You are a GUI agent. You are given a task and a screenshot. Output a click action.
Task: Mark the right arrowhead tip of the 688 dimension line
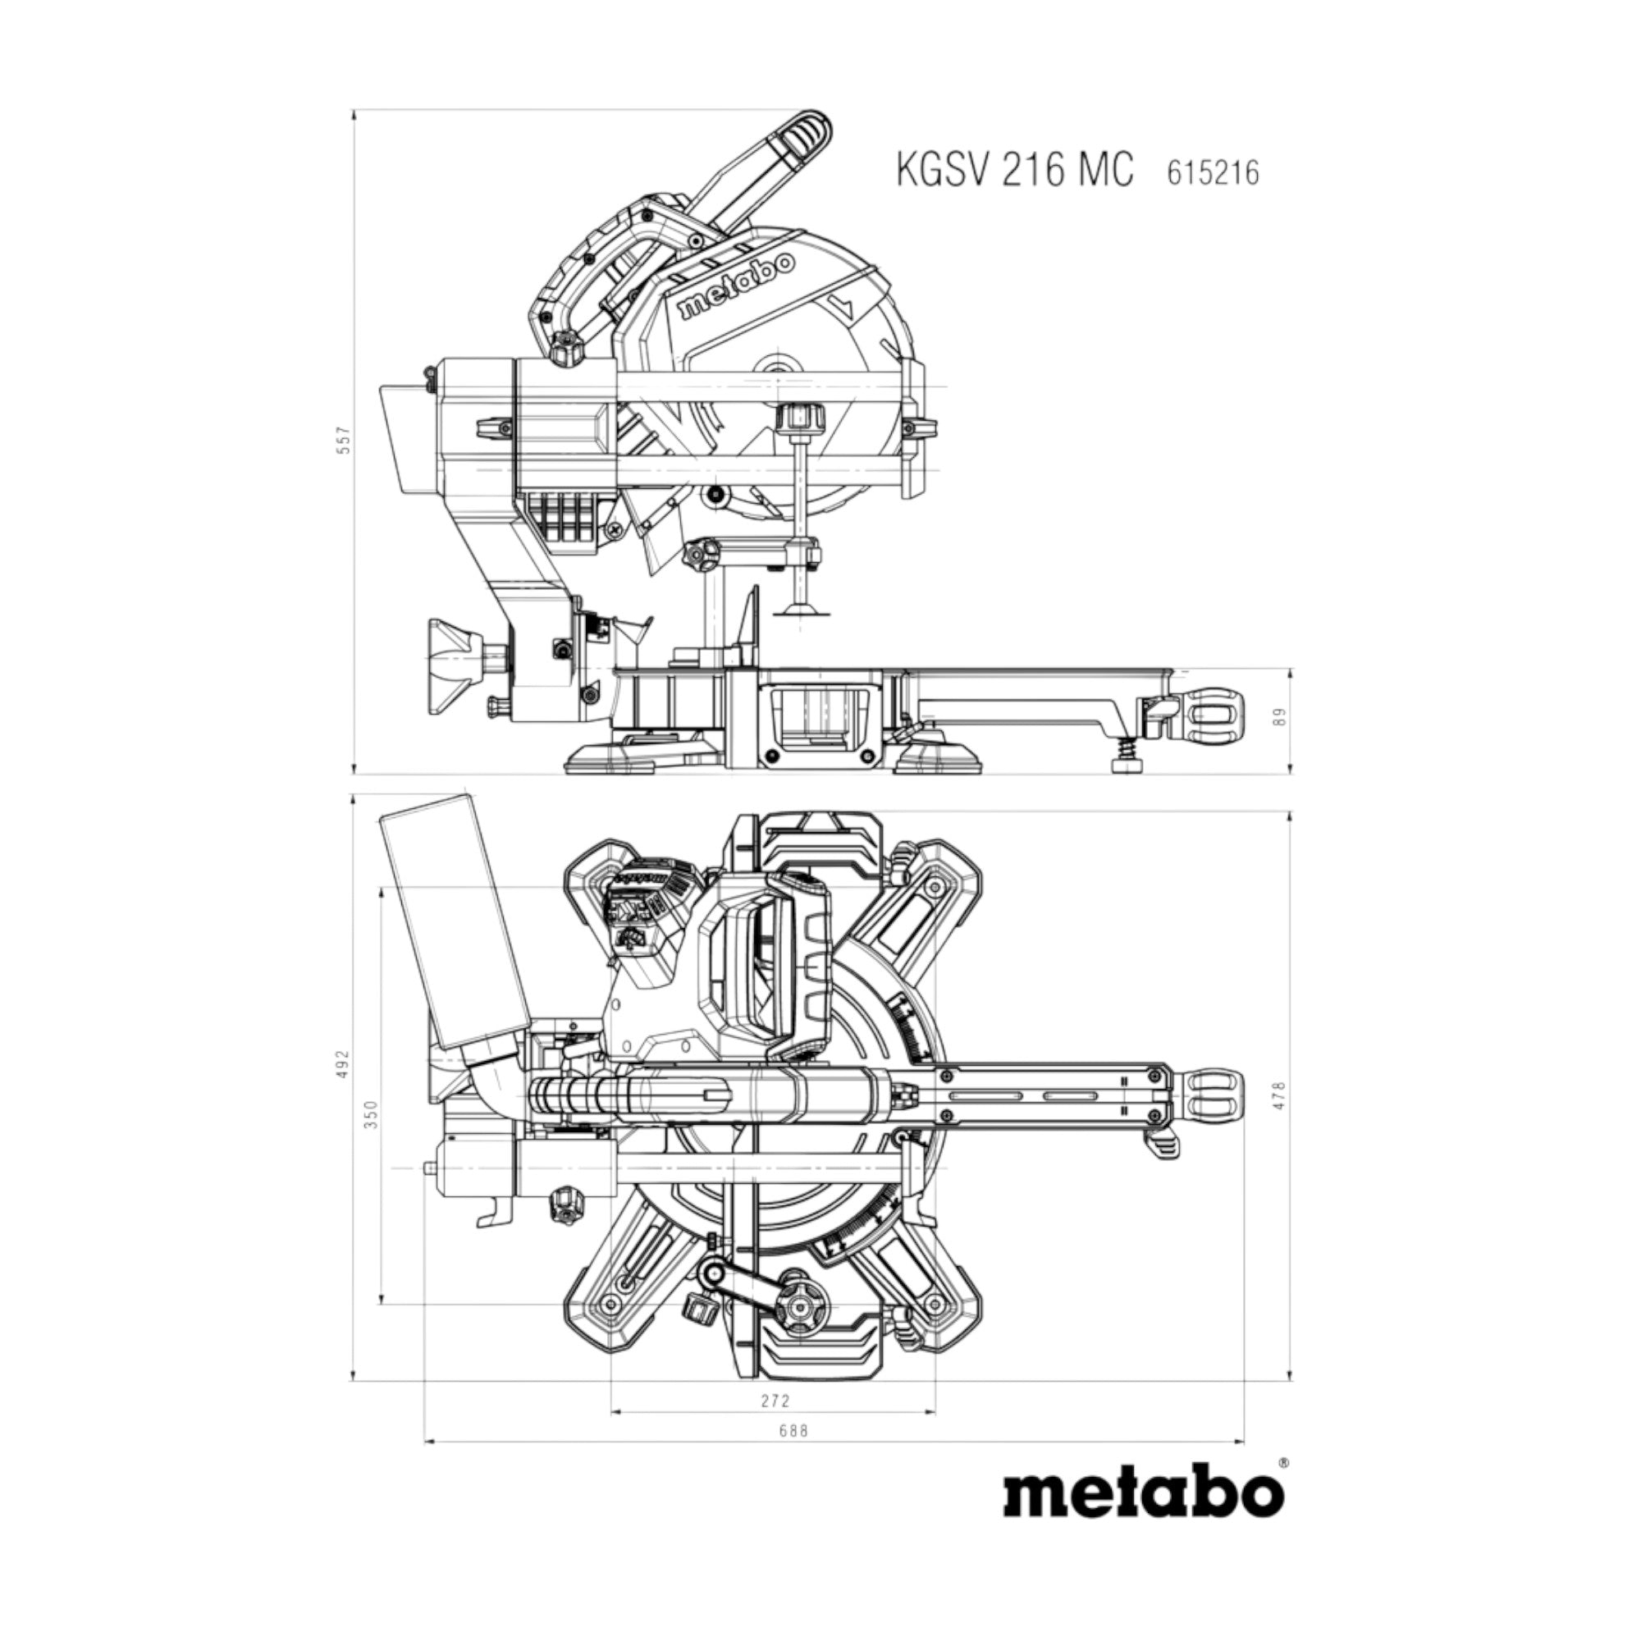coord(1244,1442)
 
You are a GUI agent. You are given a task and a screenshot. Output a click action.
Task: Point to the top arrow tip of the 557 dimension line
coord(354,110)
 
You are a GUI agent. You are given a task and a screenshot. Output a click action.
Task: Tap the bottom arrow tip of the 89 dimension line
coord(1290,775)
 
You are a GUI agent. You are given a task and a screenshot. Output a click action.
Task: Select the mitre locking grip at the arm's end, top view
coord(1212,1105)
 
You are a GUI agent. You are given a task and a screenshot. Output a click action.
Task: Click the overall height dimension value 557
coord(343,440)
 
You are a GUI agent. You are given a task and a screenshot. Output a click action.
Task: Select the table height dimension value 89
coord(1281,717)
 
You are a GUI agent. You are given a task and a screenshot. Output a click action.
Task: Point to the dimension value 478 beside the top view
coord(1281,1095)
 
